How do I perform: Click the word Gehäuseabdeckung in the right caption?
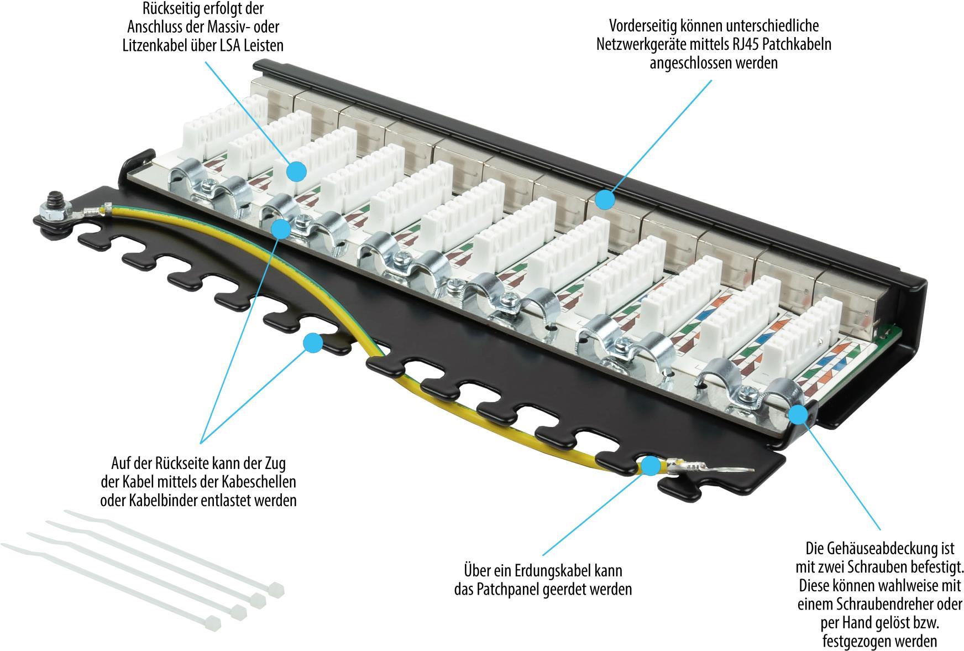tap(880, 549)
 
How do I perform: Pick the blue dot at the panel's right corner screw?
tap(798, 414)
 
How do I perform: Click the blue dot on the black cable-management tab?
tap(313, 343)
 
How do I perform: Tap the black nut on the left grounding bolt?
tap(55, 197)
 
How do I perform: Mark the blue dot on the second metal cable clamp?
tap(282, 228)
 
